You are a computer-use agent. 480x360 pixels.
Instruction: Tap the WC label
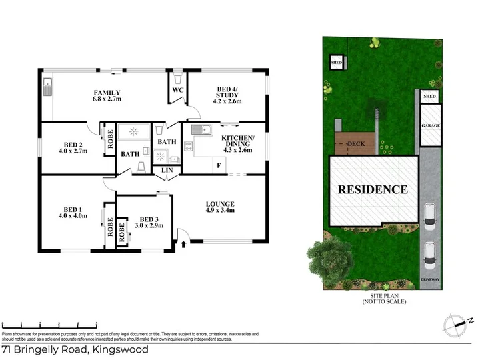point(177,89)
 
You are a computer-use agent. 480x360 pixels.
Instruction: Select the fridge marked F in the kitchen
point(218,165)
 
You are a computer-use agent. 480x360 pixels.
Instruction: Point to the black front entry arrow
point(183,245)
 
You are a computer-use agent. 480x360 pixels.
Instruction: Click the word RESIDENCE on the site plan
point(372,189)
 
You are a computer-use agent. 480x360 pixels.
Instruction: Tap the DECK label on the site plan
point(353,143)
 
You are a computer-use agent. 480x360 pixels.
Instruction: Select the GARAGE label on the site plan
point(430,125)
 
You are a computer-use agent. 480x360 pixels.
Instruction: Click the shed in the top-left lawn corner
point(337,63)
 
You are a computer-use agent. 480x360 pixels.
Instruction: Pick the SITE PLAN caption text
point(384,298)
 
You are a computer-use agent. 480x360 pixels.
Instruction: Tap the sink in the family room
point(47,87)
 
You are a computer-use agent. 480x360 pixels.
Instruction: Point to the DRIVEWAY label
point(430,278)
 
